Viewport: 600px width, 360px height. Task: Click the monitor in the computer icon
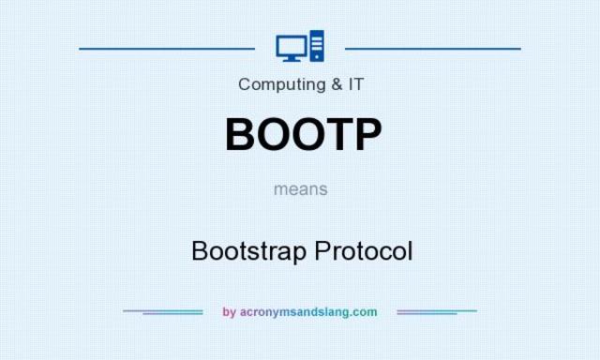pyautogui.click(x=289, y=45)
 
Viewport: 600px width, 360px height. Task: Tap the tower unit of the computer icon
pyautogui.click(x=316, y=46)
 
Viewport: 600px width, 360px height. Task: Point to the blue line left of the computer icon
pyautogui.click(x=167, y=47)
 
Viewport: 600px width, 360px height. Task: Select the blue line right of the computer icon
pyautogui.click(x=432, y=47)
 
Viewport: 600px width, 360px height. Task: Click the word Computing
pyautogui.click(x=277, y=84)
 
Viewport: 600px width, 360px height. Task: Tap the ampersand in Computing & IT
pyautogui.click(x=336, y=84)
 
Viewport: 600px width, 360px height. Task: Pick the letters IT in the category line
pyautogui.click(x=355, y=84)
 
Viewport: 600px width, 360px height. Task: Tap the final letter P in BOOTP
pyautogui.click(x=367, y=134)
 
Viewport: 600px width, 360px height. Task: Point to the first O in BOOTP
pyautogui.click(x=274, y=134)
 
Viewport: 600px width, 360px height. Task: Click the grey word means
pyautogui.click(x=301, y=188)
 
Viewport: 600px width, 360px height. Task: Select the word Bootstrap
pyautogui.click(x=248, y=251)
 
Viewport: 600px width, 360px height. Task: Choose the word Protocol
pyautogui.click(x=363, y=251)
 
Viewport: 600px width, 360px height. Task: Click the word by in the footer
pyautogui.click(x=229, y=312)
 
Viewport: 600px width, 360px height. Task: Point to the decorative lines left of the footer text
pyautogui.click(x=163, y=311)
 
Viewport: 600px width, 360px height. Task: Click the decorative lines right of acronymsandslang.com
pyautogui.click(x=437, y=311)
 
